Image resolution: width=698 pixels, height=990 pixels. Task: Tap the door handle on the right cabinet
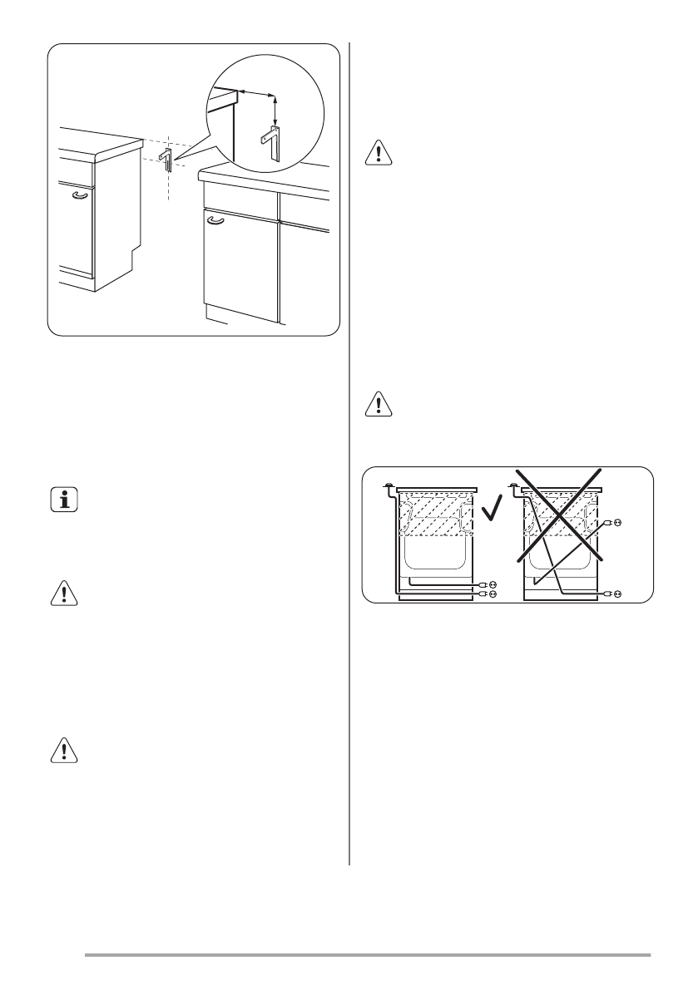pyautogui.click(x=215, y=219)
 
